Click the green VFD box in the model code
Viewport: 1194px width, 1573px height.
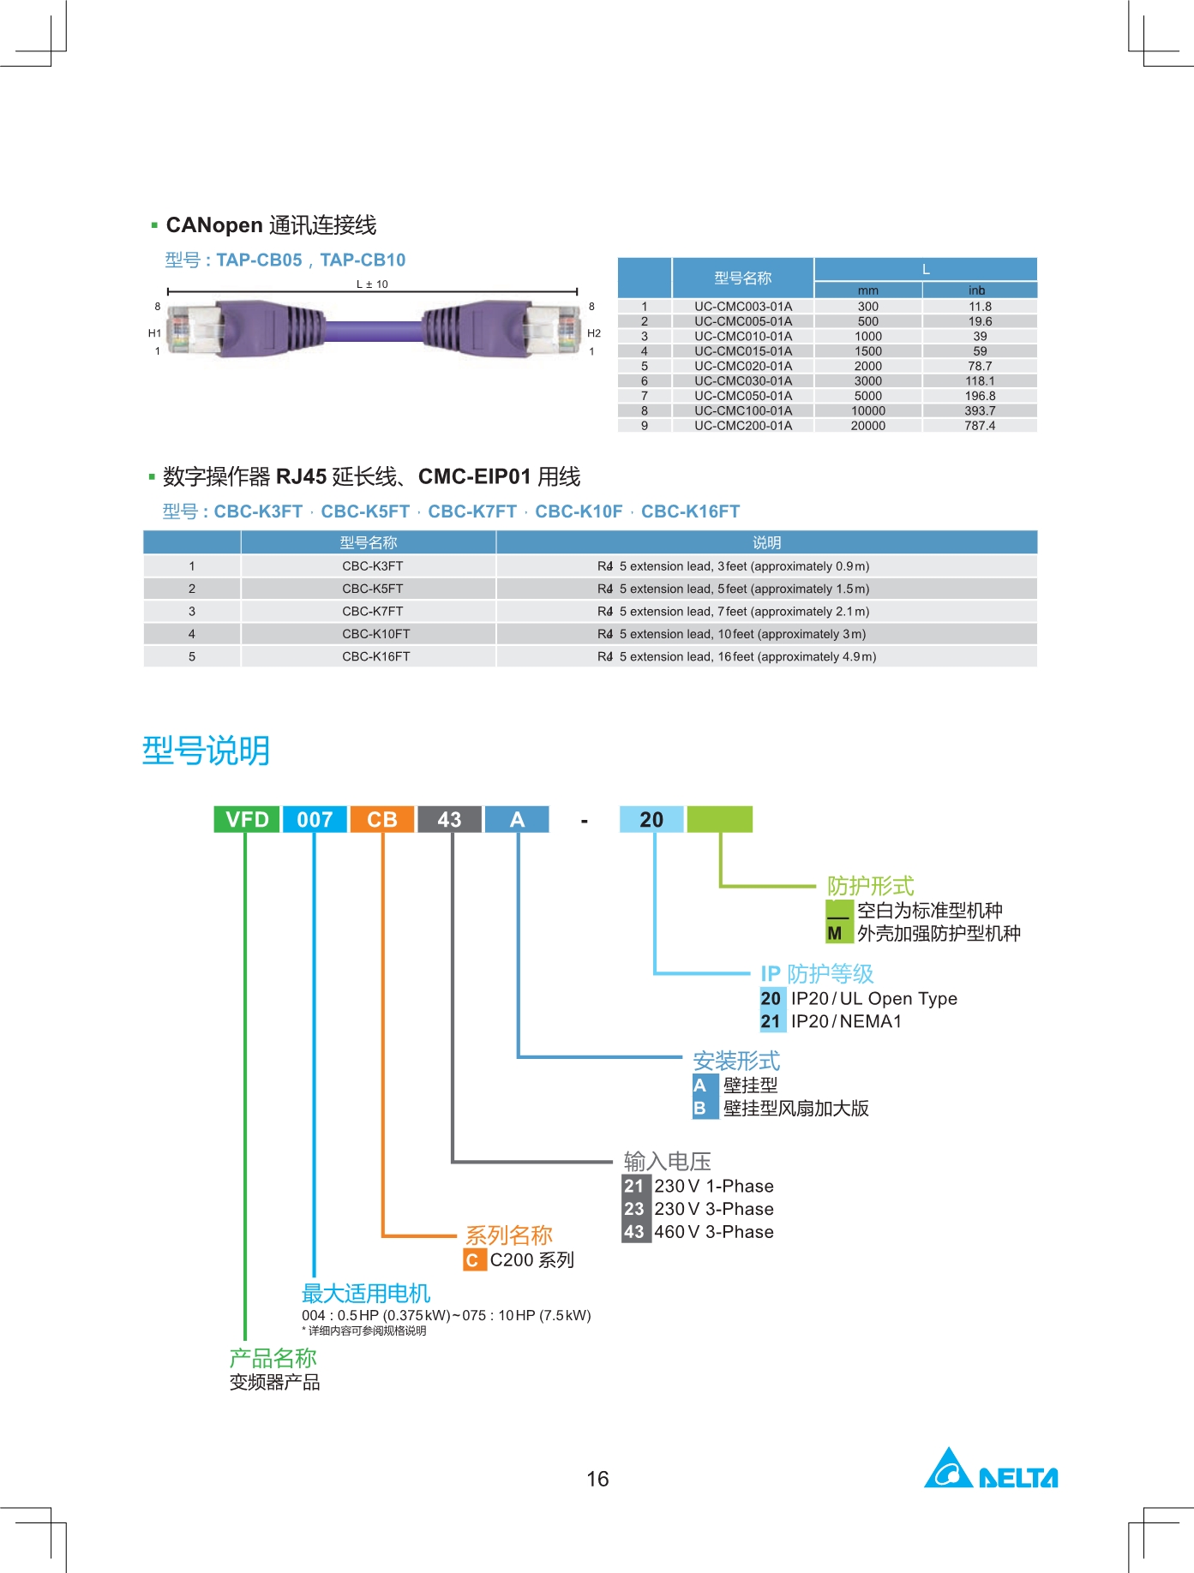(247, 820)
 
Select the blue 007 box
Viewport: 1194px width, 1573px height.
(315, 820)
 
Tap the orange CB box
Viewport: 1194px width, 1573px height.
(382, 820)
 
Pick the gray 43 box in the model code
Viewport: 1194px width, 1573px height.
(449, 820)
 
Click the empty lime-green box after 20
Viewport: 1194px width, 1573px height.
(719, 820)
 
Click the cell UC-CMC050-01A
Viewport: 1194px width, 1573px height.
(743, 396)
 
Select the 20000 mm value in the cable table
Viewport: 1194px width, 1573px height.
(867, 426)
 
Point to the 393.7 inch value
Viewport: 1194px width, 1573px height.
(980, 411)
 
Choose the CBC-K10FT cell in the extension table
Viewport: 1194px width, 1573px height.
(375, 634)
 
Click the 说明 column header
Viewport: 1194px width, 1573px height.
(766, 542)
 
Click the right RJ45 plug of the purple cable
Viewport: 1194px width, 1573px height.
(553, 329)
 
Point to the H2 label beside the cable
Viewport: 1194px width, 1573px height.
(594, 333)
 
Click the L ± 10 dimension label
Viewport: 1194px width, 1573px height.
(372, 284)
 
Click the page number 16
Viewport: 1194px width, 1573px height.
(597, 1479)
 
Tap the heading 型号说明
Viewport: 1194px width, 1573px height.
(206, 751)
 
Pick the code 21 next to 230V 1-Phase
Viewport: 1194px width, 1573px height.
(634, 1187)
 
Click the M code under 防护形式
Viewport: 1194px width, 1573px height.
(836, 934)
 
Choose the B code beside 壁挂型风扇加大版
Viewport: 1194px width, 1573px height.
(700, 1109)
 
